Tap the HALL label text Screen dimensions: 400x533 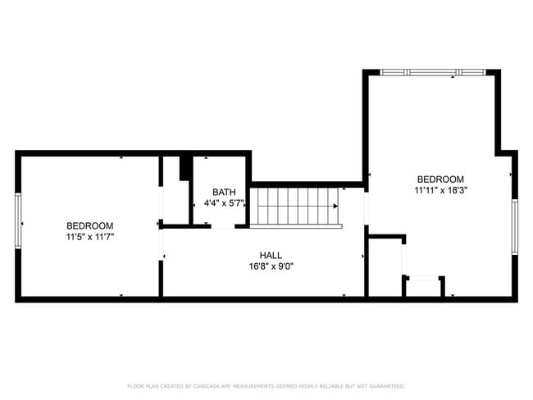click(x=271, y=255)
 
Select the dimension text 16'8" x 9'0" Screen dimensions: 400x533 click(x=271, y=266)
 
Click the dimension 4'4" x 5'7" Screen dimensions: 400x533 click(x=223, y=202)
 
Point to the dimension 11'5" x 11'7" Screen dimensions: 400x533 click(x=90, y=236)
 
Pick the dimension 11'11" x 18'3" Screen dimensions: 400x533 click(x=440, y=190)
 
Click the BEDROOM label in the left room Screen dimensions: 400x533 click(x=90, y=225)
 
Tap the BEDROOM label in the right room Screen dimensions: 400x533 click(x=440, y=180)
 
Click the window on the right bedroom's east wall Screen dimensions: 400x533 click(x=514, y=226)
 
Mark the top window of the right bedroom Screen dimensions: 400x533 click(x=433, y=72)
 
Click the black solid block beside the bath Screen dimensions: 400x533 click(x=185, y=166)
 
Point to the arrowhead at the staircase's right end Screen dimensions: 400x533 click(x=335, y=206)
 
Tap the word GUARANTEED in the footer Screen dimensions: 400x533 click(x=385, y=386)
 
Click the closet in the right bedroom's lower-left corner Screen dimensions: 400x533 click(x=384, y=267)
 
